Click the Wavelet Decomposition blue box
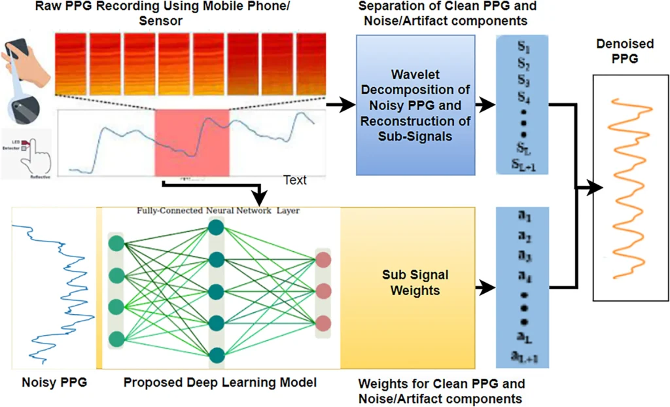click(415, 105)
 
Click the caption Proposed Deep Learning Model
click(219, 381)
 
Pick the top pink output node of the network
click(323, 259)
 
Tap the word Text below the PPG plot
click(294, 180)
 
